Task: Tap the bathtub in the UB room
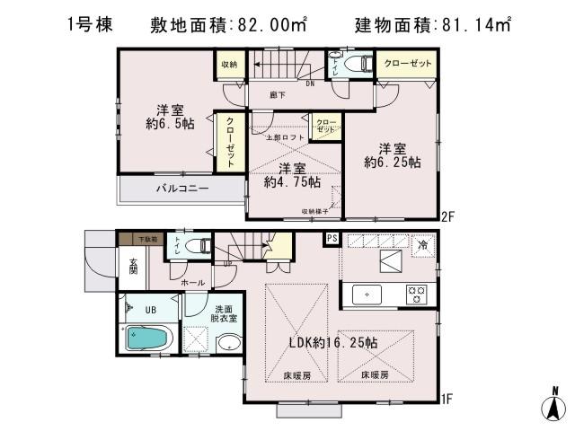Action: click(x=145, y=340)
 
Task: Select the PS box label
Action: click(x=332, y=239)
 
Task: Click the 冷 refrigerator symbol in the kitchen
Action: click(x=421, y=243)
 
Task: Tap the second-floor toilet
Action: click(x=359, y=64)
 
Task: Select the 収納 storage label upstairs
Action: click(x=228, y=64)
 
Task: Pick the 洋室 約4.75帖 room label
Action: click(x=291, y=175)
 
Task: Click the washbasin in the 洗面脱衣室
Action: click(x=228, y=342)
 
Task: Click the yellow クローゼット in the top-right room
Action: click(x=407, y=64)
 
